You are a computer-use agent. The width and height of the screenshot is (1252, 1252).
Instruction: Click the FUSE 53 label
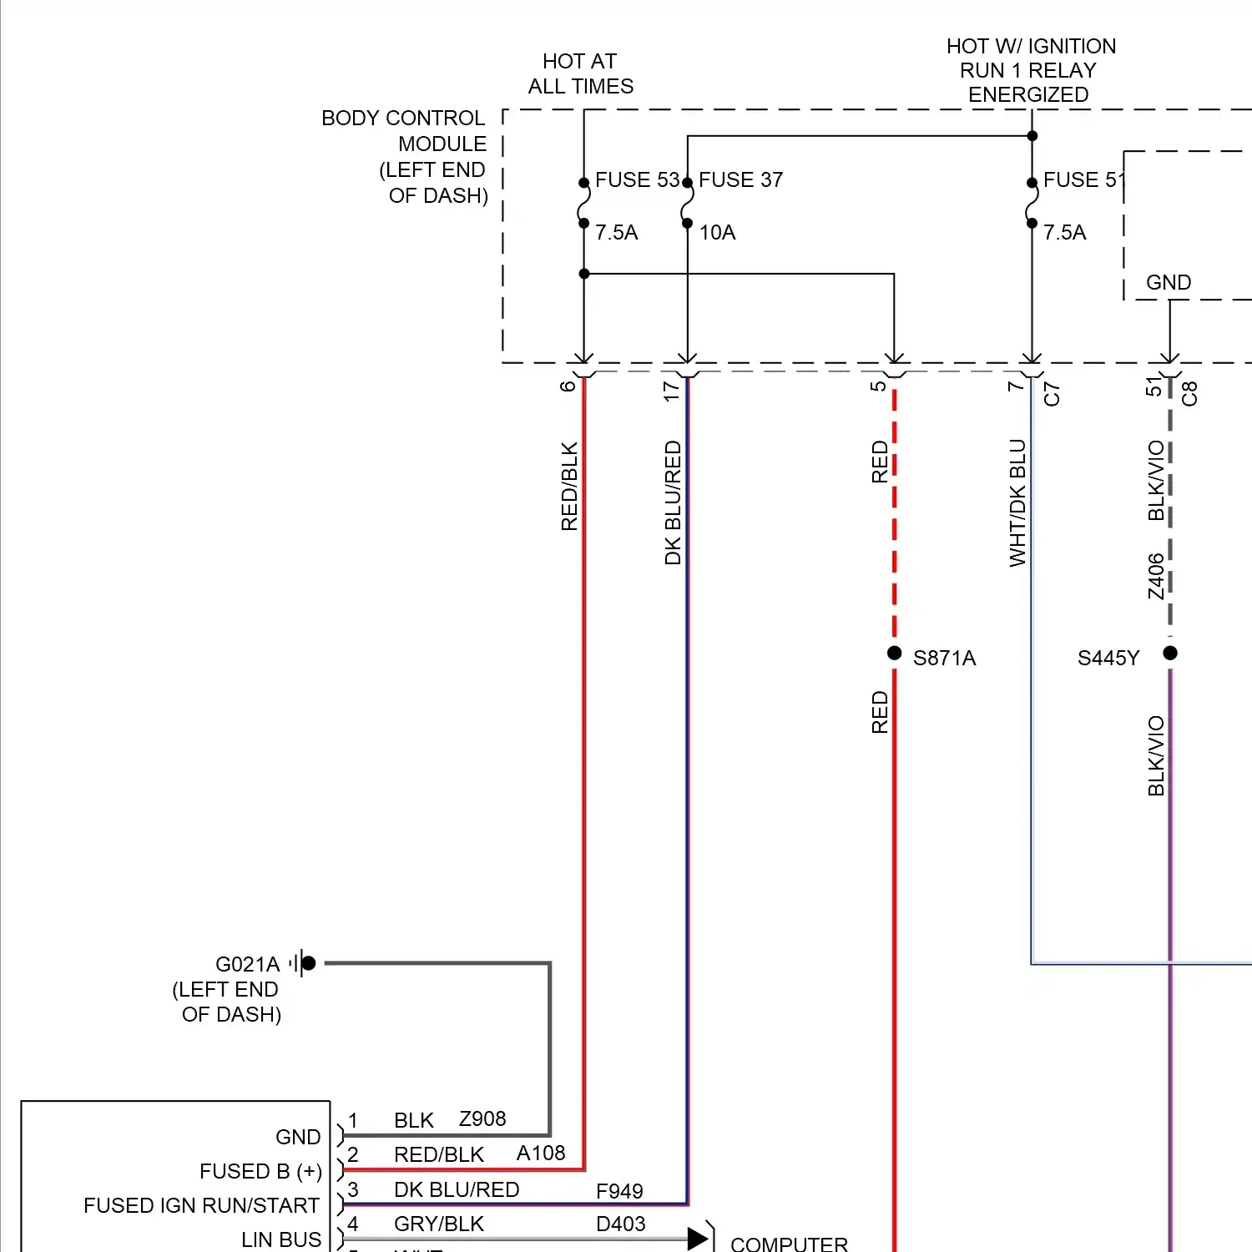(x=637, y=179)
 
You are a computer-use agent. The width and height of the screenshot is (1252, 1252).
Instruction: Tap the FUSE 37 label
(x=740, y=179)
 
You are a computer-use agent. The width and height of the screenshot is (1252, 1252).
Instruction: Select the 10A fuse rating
(x=717, y=232)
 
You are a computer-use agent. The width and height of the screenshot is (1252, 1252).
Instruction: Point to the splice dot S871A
(x=894, y=653)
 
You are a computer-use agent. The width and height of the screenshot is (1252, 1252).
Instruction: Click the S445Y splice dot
(x=1170, y=653)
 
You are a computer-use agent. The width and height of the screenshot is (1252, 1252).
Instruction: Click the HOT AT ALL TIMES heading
(x=580, y=73)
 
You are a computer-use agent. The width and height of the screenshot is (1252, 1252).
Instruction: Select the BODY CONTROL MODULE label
(x=405, y=156)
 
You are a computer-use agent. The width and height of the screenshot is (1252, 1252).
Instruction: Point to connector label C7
(x=1052, y=394)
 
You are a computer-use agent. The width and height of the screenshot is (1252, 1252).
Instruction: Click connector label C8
(x=1189, y=393)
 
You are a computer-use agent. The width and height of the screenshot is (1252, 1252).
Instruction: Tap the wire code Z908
(x=482, y=1118)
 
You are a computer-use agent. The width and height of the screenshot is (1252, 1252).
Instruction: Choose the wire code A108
(x=541, y=1153)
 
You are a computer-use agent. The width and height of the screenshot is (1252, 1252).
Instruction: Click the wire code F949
(x=619, y=1191)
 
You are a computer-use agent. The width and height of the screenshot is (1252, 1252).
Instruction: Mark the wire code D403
(x=621, y=1224)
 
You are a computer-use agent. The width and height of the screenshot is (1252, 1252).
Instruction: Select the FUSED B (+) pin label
(x=260, y=1171)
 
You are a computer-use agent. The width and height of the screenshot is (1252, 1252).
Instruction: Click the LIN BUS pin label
(x=280, y=1239)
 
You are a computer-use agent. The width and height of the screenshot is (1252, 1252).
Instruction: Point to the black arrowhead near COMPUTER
(x=698, y=1238)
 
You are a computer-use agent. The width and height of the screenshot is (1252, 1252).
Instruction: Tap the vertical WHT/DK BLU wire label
(x=1017, y=503)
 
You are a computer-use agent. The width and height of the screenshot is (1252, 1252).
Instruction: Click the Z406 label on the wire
(x=1155, y=576)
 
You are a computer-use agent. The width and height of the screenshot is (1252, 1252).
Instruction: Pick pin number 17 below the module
(x=671, y=391)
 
